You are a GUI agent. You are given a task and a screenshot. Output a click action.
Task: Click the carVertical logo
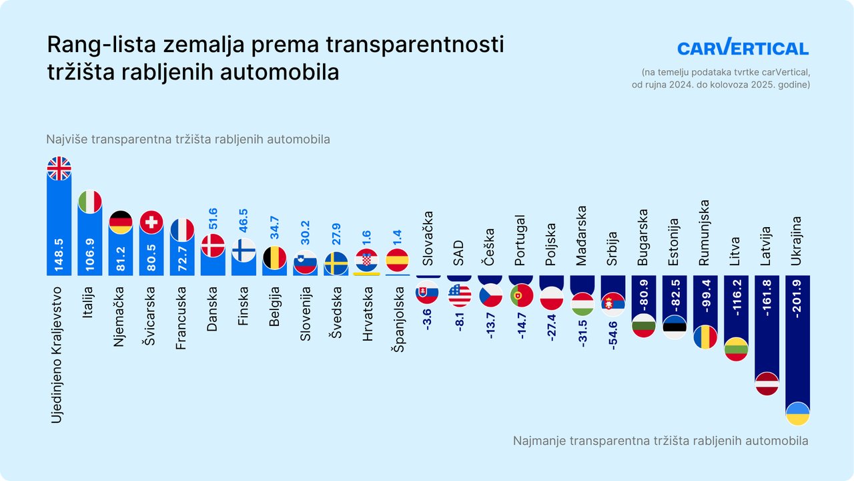[x=743, y=47]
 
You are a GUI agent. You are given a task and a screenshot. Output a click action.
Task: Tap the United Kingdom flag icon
[x=59, y=168]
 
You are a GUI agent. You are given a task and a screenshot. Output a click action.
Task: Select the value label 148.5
[x=59, y=252]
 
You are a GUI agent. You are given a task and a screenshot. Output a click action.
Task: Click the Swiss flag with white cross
[x=151, y=222]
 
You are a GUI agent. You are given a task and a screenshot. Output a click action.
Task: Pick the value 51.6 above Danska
[x=213, y=220]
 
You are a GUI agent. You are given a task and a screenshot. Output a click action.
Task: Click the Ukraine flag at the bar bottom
[x=798, y=414]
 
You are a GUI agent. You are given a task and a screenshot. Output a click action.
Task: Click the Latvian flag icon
[x=767, y=383]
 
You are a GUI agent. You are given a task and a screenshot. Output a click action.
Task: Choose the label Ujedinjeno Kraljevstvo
[x=59, y=354]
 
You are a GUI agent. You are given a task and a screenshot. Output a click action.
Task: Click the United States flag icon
[x=460, y=294]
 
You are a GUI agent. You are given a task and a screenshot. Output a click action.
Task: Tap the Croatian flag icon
[x=367, y=261]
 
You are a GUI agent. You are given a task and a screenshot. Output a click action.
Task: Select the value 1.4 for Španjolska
[x=398, y=236]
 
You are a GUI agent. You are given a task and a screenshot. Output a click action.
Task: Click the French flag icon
[x=182, y=230]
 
